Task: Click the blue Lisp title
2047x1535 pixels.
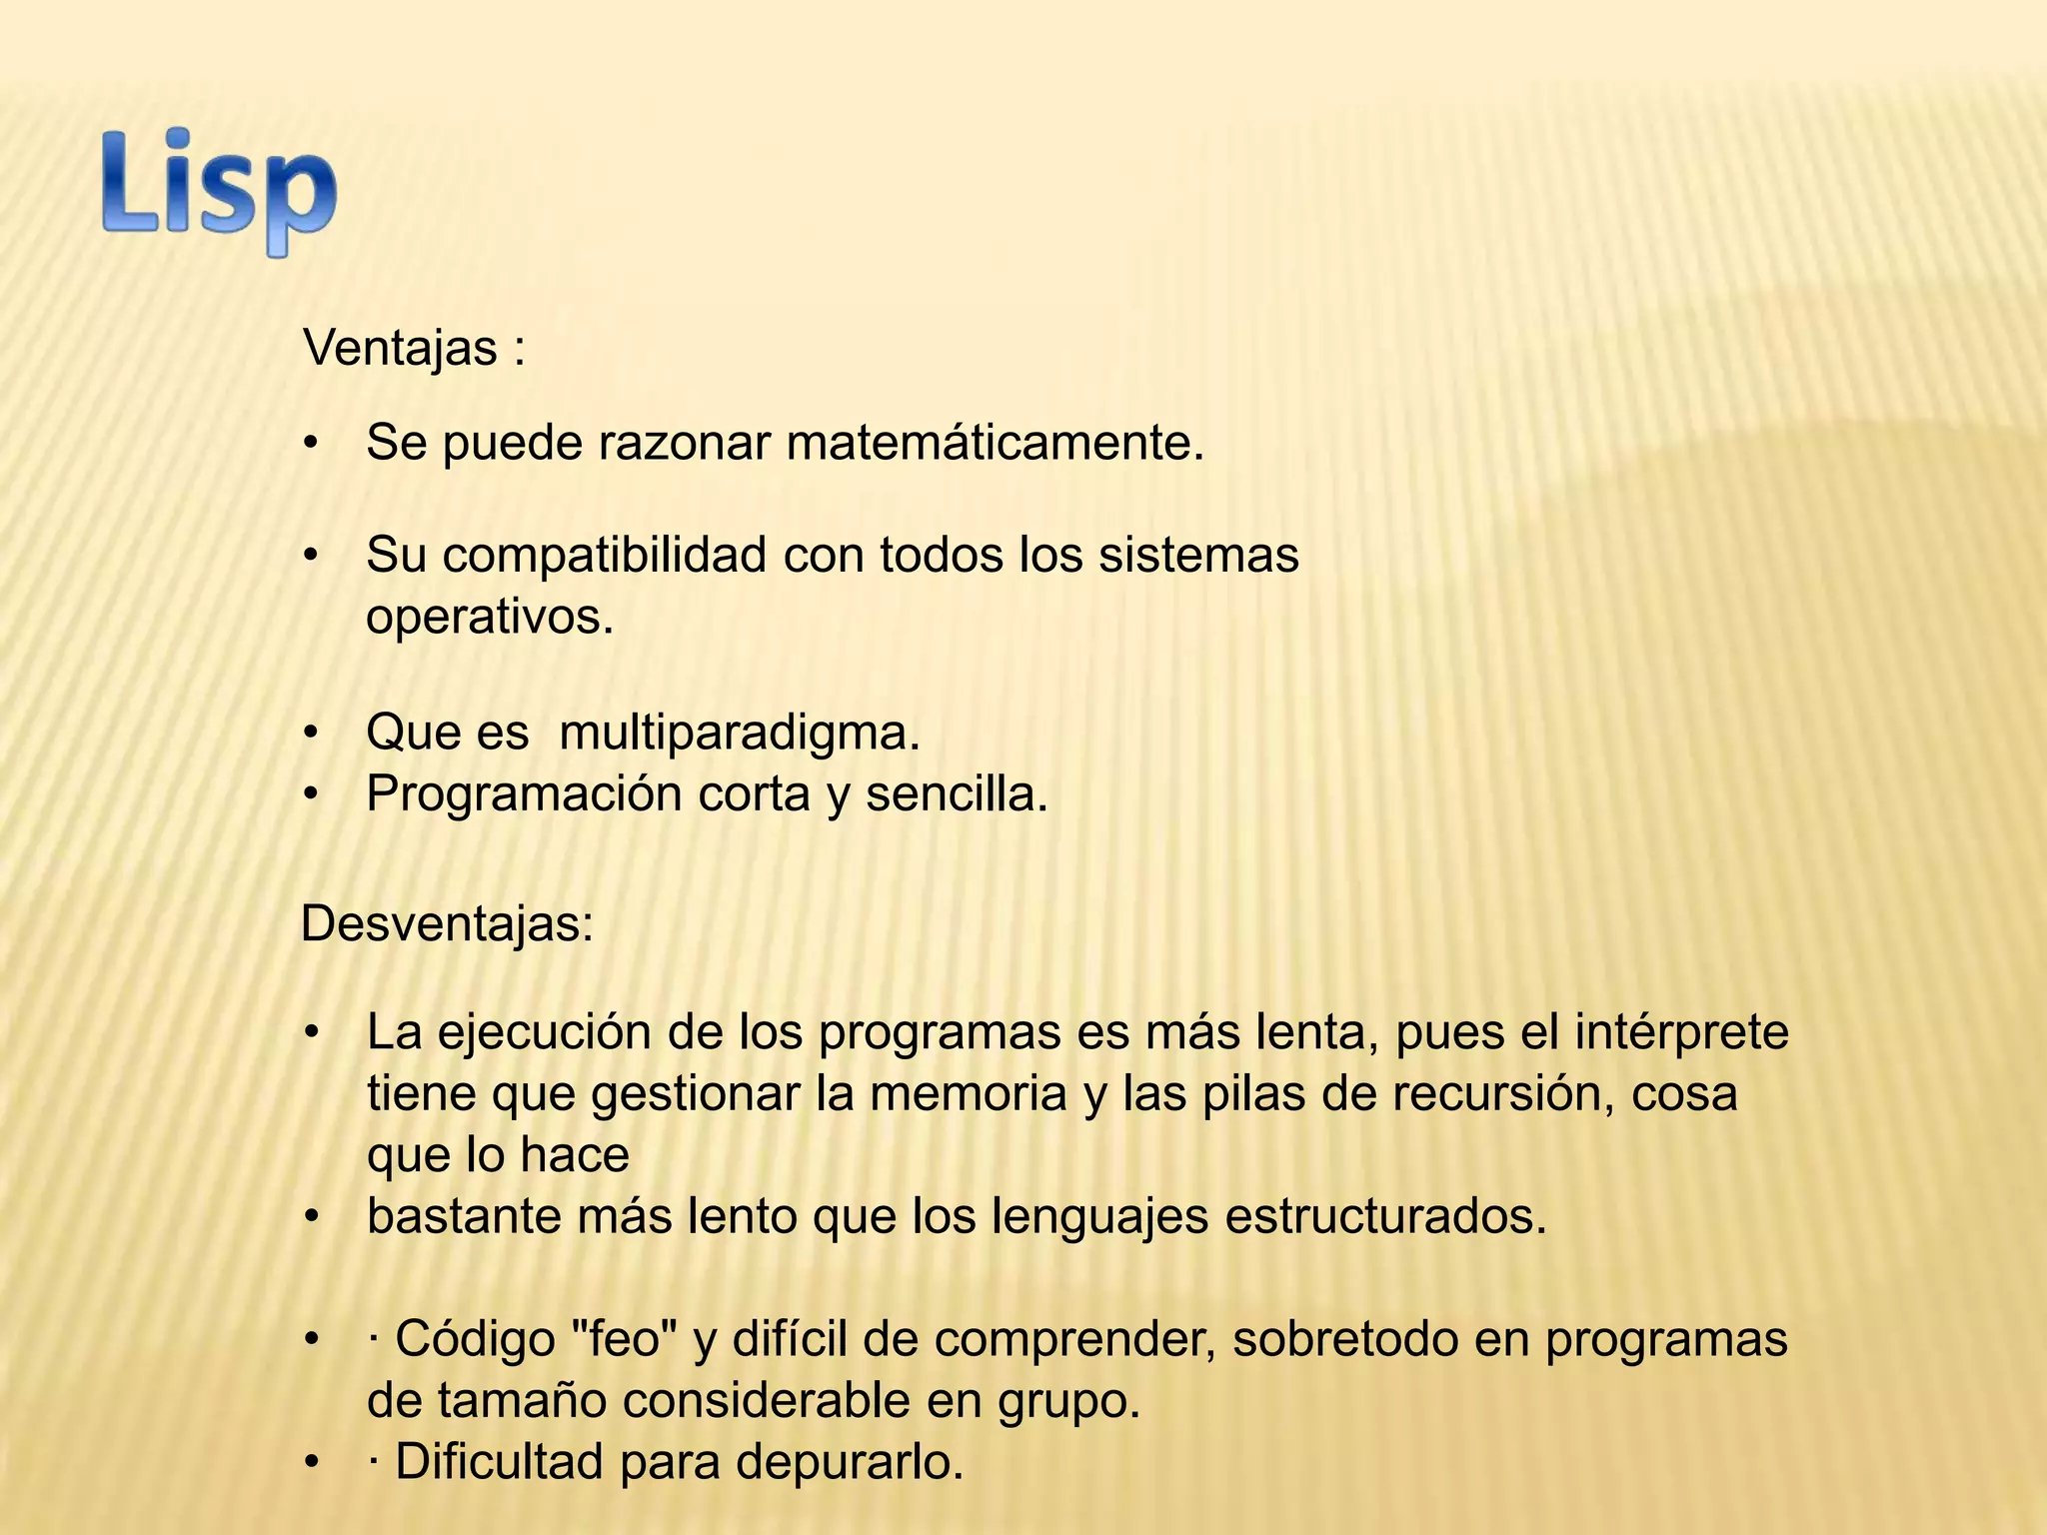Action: (x=219, y=190)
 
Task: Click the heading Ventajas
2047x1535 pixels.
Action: (x=401, y=349)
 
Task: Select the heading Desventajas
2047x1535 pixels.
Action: (x=446, y=923)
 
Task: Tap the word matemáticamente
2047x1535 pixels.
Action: (x=995, y=443)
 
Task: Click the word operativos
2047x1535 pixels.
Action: (x=489, y=617)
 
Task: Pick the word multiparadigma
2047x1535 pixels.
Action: (x=739, y=733)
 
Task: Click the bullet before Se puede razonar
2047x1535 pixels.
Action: (x=312, y=443)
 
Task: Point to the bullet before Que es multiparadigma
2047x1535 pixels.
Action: (x=312, y=733)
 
